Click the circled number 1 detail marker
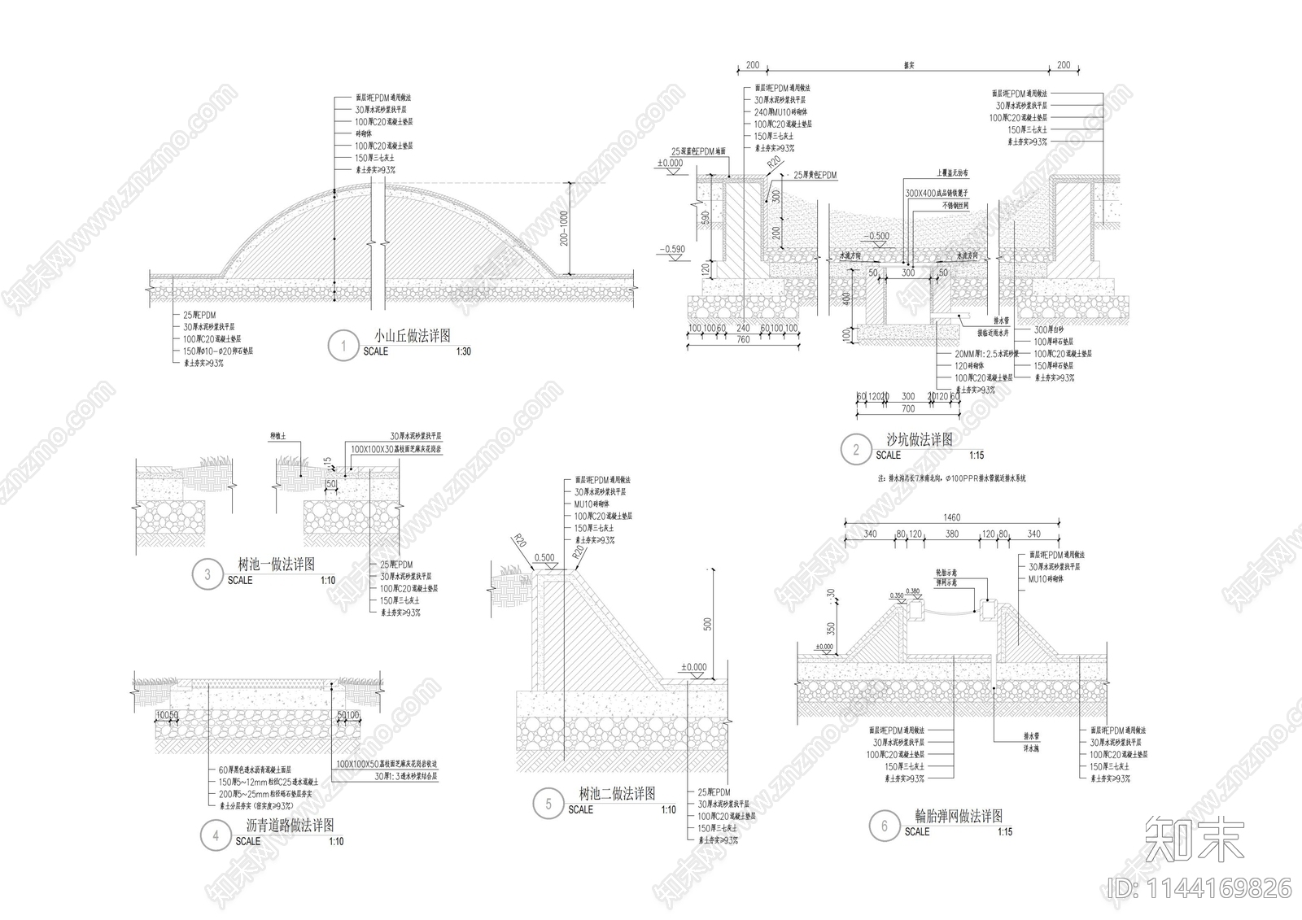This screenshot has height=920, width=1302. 343,346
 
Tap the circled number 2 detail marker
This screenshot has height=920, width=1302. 856,449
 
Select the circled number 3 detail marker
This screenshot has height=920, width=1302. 208,574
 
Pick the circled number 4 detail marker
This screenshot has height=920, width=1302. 216,835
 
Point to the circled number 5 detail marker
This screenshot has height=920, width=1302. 548,804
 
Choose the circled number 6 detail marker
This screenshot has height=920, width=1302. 885,826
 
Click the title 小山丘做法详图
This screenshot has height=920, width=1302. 412,336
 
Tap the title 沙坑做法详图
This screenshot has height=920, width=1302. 920,440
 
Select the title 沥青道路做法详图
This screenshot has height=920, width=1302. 290,825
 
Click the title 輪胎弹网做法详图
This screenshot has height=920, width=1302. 959,817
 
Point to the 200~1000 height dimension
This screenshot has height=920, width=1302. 564,229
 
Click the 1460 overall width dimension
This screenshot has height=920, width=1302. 951,517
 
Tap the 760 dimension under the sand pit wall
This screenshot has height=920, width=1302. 743,340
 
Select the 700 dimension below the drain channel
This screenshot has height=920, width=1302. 908,409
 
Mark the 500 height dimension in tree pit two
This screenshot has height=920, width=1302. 708,624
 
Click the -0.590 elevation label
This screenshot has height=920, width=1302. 672,250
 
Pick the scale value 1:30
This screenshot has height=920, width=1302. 463,351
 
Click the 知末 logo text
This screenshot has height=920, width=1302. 1194,839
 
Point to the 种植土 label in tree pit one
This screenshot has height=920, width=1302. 278,437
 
